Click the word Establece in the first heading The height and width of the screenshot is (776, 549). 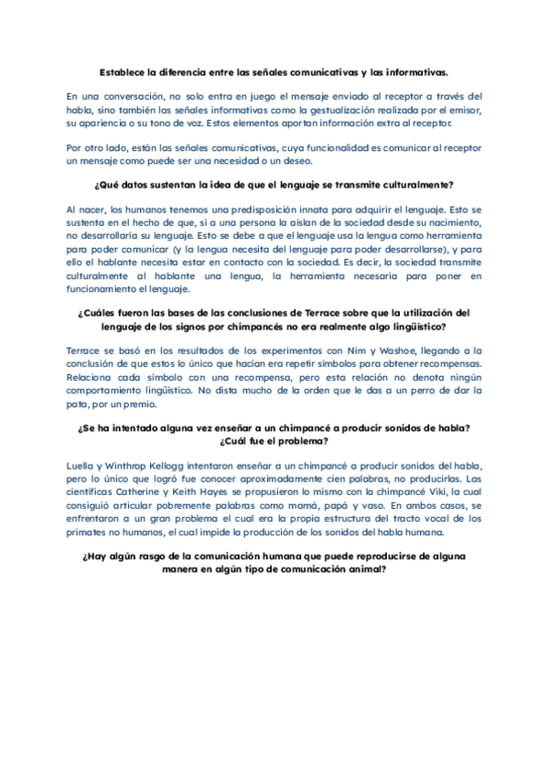(x=124, y=71)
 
